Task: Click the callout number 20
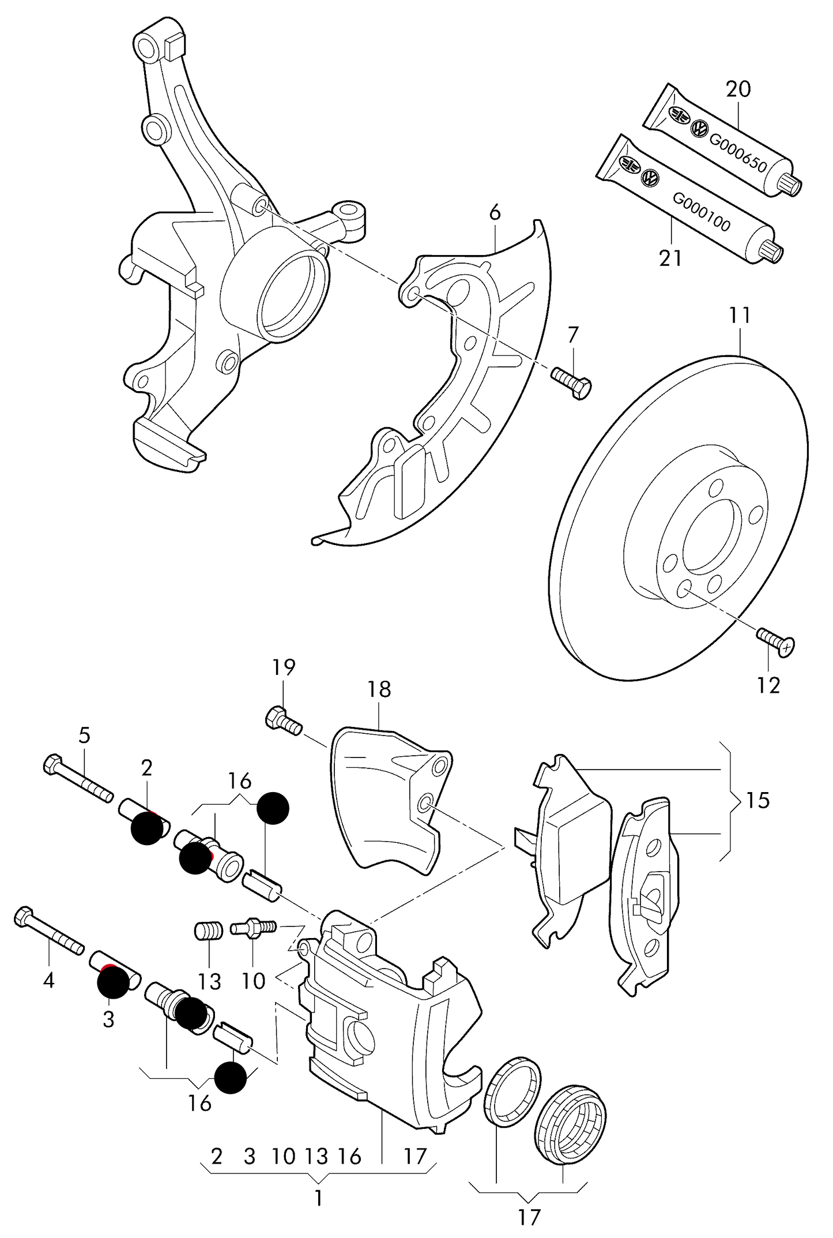738,89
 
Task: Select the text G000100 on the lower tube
702,212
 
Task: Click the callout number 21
670,258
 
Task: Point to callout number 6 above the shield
495,213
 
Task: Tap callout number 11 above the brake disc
740,316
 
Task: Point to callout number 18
379,689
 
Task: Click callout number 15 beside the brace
757,800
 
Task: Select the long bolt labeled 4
49,935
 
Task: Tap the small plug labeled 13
209,931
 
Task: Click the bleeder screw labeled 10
254,928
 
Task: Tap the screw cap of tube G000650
790,184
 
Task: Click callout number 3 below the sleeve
108,1019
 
